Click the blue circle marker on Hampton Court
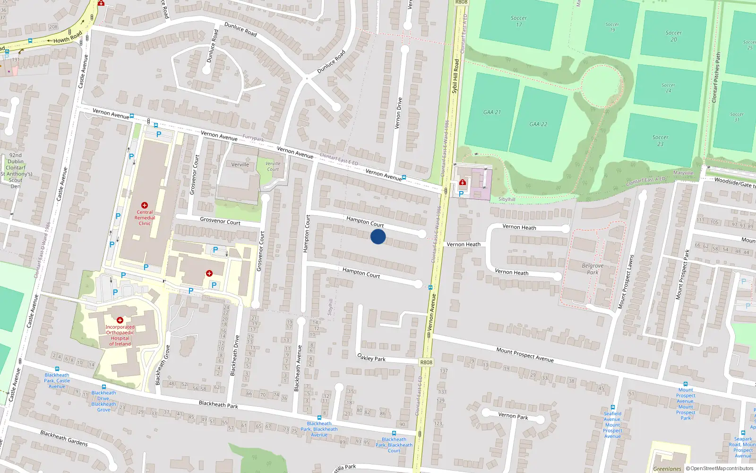click(378, 236)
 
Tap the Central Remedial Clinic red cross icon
click(145, 205)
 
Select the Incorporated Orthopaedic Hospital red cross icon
click(120, 320)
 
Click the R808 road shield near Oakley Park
click(426, 362)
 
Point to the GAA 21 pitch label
click(492, 113)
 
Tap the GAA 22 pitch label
click(538, 124)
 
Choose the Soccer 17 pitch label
click(519, 21)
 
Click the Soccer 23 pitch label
click(660, 140)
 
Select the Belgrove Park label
click(593, 269)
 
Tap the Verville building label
click(240, 165)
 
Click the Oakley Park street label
click(371, 358)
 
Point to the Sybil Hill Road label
click(455, 76)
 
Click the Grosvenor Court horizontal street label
click(220, 221)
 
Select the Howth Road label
click(68, 37)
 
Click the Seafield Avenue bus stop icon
click(613, 407)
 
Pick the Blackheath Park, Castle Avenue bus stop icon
click(57, 369)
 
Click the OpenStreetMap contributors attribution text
click(722, 469)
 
